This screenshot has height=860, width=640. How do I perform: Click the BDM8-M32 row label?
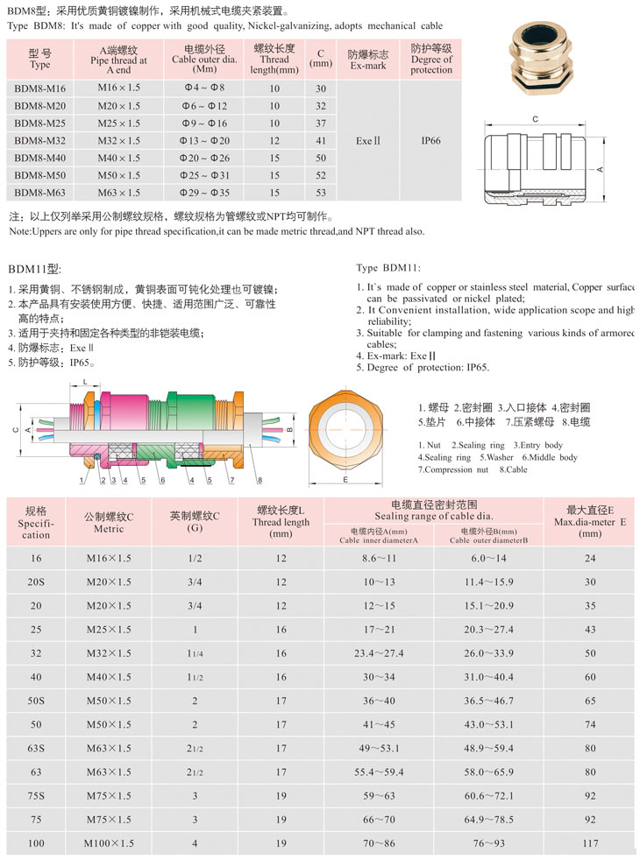tap(40, 141)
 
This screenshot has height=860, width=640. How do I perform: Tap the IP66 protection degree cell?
tap(431, 139)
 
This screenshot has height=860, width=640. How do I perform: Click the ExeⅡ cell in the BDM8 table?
tap(367, 139)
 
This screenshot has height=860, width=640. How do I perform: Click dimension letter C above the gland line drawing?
tap(535, 119)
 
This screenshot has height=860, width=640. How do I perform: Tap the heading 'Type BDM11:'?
tap(389, 266)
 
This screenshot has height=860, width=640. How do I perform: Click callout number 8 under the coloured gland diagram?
tap(260, 479)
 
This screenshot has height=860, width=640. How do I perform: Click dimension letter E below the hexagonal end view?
tap(345, 481)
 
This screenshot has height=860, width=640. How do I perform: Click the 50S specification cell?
tap(36, 701)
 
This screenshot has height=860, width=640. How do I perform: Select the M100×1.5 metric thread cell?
tap(109, 842)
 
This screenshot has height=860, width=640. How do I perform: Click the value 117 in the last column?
tap(590, 842)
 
